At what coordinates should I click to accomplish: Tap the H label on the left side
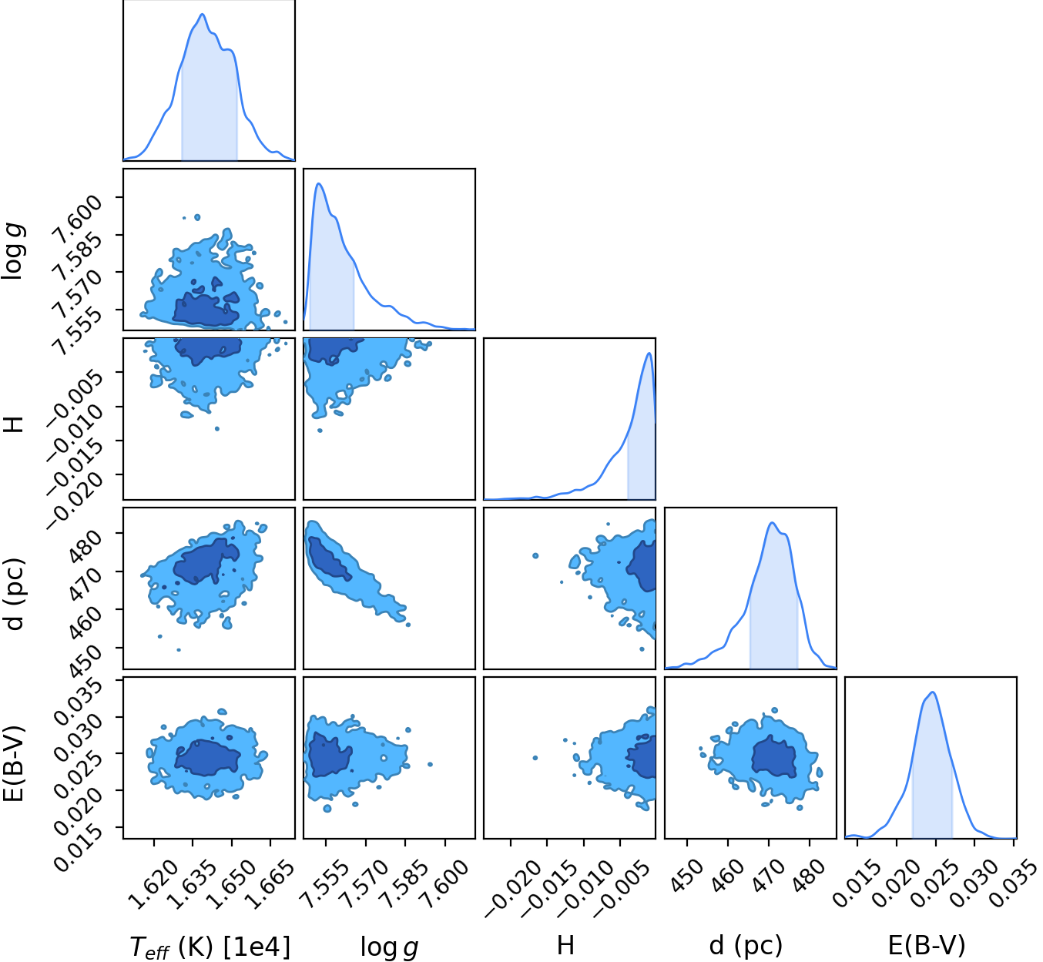(14, 424)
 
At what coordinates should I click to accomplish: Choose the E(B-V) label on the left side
(14, 765)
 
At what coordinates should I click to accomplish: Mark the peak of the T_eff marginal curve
(202, 14)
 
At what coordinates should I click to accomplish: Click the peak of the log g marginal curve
(318, 183)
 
